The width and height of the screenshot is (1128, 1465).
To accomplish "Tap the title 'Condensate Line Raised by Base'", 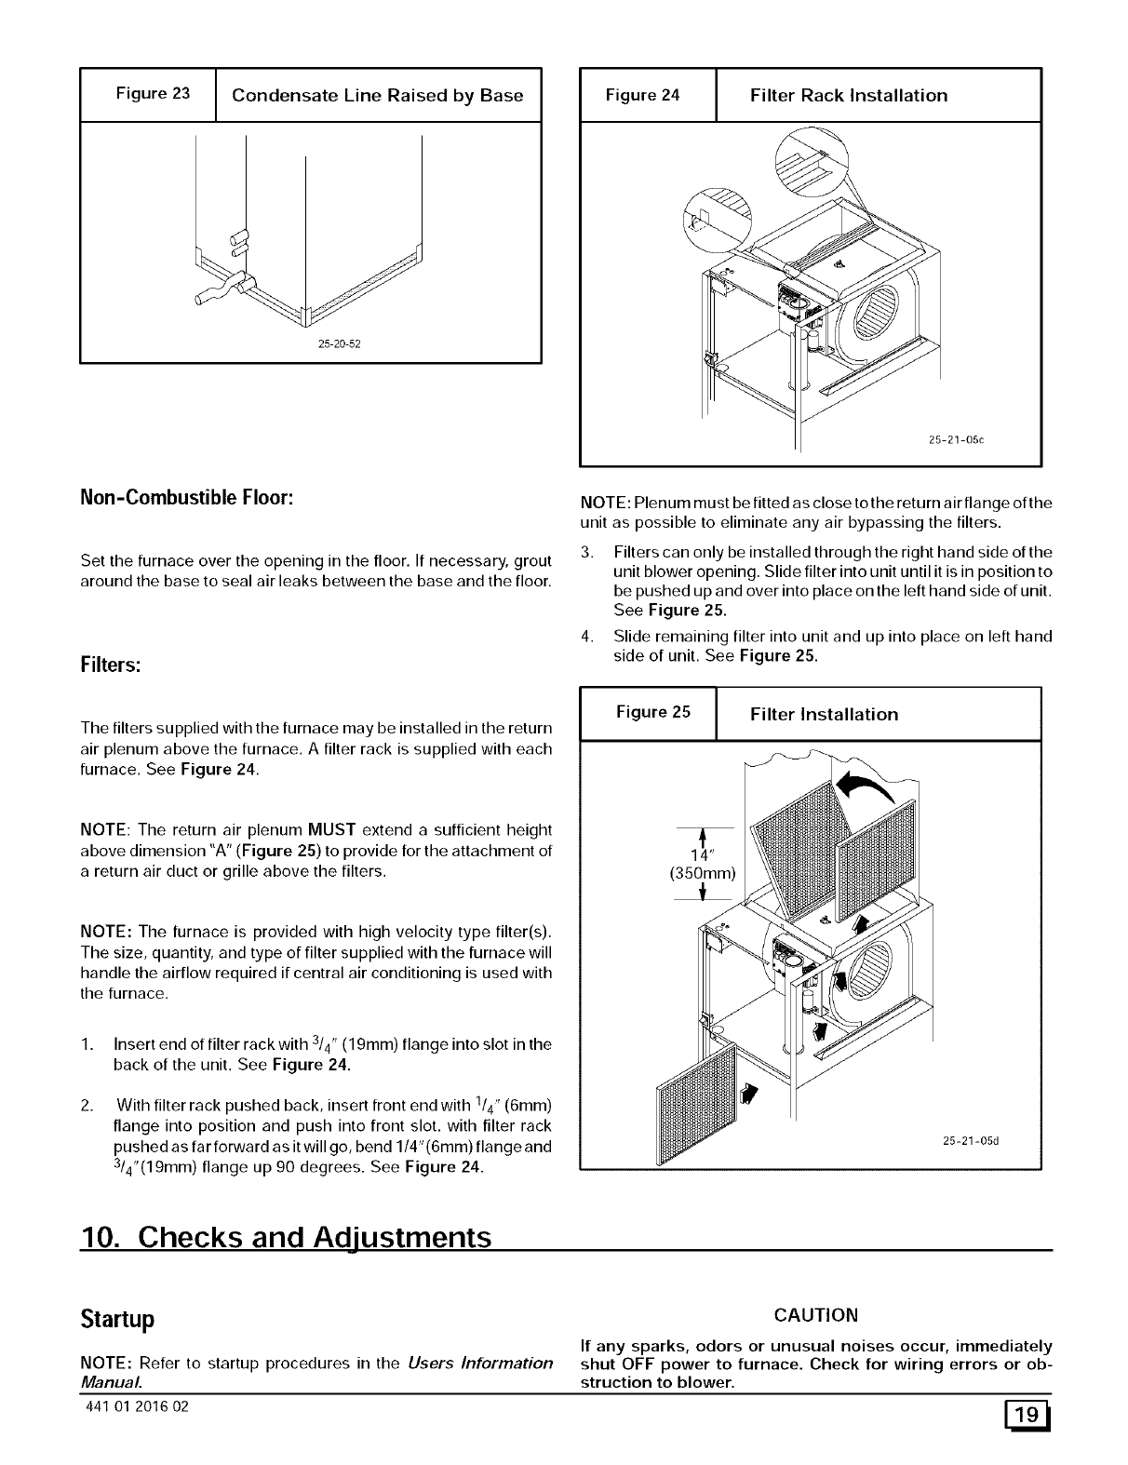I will click(377, 95).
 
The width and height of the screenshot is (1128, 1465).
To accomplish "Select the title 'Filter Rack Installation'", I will click(849, 95).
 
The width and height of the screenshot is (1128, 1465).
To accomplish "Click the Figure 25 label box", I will click(648, 713).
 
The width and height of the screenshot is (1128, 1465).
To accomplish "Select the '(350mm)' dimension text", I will click(703, 873).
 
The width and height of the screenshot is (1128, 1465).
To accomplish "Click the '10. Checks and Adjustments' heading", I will click(287, 1238).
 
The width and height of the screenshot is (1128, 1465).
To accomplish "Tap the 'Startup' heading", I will click(116, 1320).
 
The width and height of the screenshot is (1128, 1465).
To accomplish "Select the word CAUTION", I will click(815, 1314).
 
